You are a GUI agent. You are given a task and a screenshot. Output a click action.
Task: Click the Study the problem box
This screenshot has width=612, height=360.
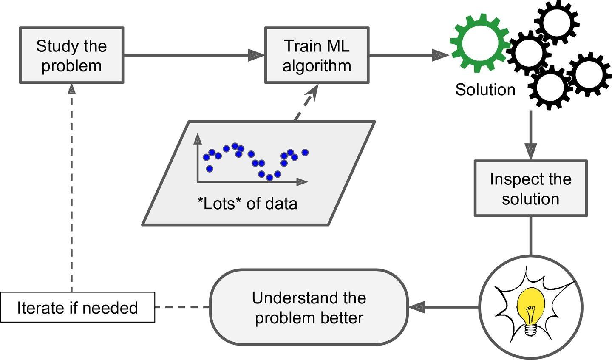pyautogui.click(x=71, y=55)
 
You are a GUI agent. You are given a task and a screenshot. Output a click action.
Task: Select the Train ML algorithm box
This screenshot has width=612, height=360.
pyautogui.click(x=317, y=55)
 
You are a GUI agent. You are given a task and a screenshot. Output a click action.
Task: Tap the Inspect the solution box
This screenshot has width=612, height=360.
pyautogui.click(x=530, y=188)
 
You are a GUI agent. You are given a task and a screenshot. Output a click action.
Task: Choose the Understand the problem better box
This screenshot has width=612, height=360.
pyautogui.click(x=309, y=307)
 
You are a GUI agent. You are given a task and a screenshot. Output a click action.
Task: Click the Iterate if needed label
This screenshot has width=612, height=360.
pyautogui.click(x=77, y=307)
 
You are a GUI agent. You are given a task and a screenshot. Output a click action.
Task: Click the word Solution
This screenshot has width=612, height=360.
pyautogui.click(x=485, y=90)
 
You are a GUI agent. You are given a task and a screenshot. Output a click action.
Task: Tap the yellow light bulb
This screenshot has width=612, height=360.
pyautogui.click(x=530, y=303)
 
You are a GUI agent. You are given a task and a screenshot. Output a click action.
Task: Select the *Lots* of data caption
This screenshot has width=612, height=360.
pyautogui.click(x=247, y=204)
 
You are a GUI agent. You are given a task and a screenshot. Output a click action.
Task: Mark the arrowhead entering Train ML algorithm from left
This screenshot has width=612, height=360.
pyautogui.click(x=255, y=55)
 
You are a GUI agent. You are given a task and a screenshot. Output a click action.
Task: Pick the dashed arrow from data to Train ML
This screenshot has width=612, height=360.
pyautogui.click(x=307, y=102)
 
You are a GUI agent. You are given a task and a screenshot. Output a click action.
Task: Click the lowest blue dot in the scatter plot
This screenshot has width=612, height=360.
pyautogui.click(x=269, y=177)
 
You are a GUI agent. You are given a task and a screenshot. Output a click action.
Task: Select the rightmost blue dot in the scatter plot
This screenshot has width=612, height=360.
pyautogui.click(x=304, y=152)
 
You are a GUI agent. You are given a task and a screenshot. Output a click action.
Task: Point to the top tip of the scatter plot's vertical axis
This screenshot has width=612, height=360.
pyautogui.click(x=198, y=137)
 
